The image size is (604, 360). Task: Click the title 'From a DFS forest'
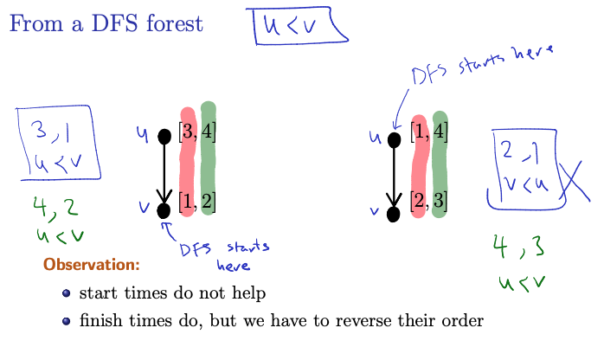(x=106, y=23)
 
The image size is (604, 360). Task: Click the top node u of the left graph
(x=164, y=137)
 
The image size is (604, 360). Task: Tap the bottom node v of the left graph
(x=164, y=210)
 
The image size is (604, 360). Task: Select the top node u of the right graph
(x=394, y=140)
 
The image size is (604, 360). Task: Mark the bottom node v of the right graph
(x=393, y=215)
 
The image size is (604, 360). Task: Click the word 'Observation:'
(x=92, y=265)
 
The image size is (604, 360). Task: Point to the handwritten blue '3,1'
(x=52, y=132)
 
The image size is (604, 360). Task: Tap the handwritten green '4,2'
(x=55, y=209)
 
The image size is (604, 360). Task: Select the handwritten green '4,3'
(x=519, y=247)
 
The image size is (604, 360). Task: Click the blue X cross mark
(x=574, y=182)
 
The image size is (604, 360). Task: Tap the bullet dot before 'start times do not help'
(x=67, y=293)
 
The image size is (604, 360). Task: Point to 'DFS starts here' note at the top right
(x=482, y=64)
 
